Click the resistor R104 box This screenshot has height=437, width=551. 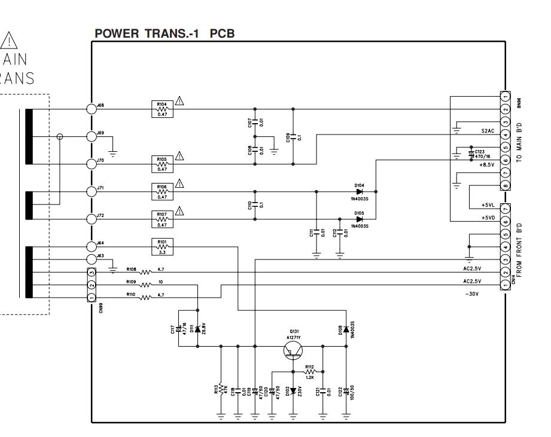(x=162, y=109)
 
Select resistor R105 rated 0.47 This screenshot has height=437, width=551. (x=162, y=163)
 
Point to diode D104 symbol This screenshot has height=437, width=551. (x=359, y=192)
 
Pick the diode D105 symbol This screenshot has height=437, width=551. (x=359, y=219)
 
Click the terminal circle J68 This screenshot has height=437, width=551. (x=91, y=109)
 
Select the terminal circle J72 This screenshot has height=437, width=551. (x=91, y=219)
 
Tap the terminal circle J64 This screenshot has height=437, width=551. (x=91, y=246)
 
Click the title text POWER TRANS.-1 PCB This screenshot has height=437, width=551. (x=164, y=33)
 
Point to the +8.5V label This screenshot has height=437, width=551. (x=486, y=164)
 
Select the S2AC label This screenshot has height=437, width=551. (x=488, y=131)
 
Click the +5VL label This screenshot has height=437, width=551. (x=488, y=205)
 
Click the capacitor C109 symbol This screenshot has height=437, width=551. (x=293, y=136)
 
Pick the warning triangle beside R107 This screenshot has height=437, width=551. (x=179, y=210)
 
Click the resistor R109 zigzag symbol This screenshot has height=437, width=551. (x=146, y=285)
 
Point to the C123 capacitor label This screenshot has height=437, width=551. (x=480, y=152)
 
